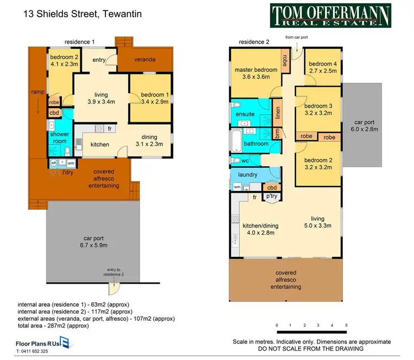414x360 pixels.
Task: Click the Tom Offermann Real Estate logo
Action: [x=330, y=15]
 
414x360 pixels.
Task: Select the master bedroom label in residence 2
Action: [x=256, y=70]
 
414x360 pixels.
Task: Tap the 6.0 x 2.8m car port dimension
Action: [x=365, y=130]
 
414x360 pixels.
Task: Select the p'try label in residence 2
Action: [x=272, y=196]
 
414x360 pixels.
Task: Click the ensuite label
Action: [x=246, y=114]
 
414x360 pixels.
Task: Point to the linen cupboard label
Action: [x=278, y=113]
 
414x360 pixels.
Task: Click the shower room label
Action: [x=59, y=137]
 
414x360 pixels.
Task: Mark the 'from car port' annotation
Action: [x=297, y=38]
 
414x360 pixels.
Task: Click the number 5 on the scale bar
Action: [x=346, y=325]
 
